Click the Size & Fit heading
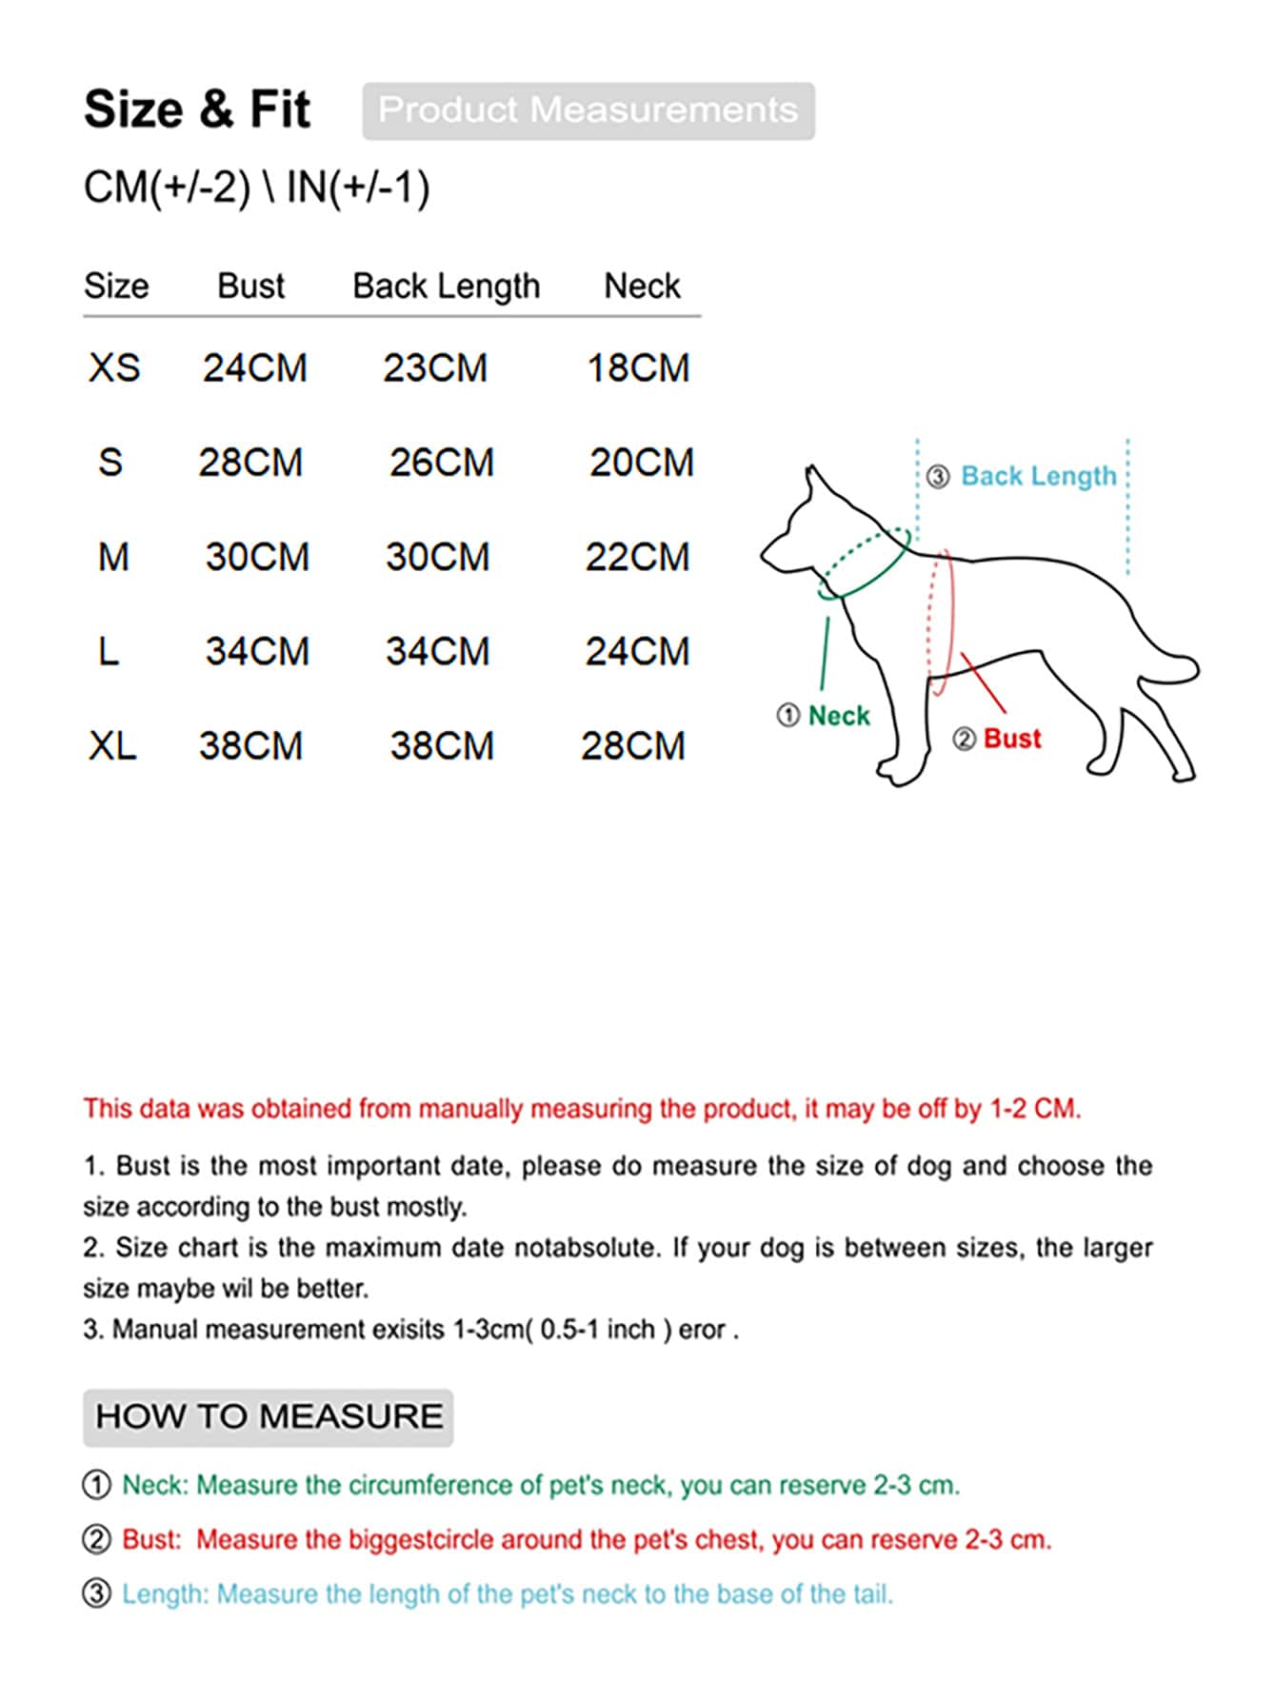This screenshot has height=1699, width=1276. (x=196, y=109)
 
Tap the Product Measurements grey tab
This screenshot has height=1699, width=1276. (x=588, y=110)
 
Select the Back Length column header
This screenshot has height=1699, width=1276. (x=446, y=286)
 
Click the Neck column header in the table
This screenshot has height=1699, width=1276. (x=642, y=286)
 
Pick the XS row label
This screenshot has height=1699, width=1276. (x=114, y=368)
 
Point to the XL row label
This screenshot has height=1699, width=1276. (x=112, y=745)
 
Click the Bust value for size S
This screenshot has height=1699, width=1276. (x=250, y=463)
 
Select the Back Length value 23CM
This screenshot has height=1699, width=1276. (x=435, y=368)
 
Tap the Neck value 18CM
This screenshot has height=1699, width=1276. (x=638, y=368)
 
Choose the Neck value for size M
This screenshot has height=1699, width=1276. (x=637, y=557)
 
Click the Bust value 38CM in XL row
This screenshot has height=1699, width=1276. (x=250, y=745)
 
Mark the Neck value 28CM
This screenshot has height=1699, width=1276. (x=633, y=745)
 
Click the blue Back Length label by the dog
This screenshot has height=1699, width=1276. (x=1038, y=476)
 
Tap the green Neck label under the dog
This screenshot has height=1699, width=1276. (x=838, y=716)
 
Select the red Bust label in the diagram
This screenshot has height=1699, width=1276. (x=1011, y=739)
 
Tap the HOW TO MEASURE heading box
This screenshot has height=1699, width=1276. (x=269, y=1416)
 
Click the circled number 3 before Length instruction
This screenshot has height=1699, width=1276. (x=96, y=1593)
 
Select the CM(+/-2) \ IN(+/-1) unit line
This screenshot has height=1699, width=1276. (x=256, y=188)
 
